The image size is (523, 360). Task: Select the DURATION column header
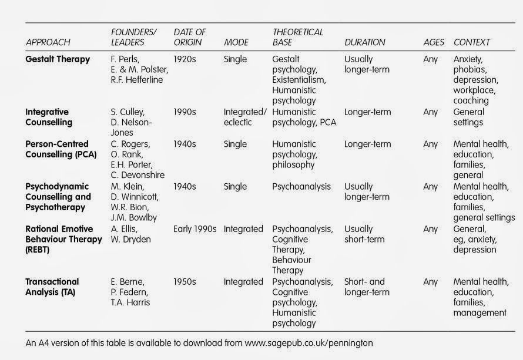[x=365, y=43]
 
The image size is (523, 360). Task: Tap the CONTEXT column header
[x=472, y=43]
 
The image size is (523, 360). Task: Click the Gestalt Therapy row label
[x=58, y=59]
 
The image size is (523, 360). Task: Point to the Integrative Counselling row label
[x=49, y=117]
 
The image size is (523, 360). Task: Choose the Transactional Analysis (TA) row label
[x=52, y=287]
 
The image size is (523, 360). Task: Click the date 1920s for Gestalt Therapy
[x=186, y=59]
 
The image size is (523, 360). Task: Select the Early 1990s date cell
[x=195, y=229]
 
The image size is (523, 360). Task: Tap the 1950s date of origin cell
[x=186, y=282]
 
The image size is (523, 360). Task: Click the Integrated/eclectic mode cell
[x=245, y=117]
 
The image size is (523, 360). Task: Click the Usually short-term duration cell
[x=364, y=234]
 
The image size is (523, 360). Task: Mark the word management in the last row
[x=480, y=314]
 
